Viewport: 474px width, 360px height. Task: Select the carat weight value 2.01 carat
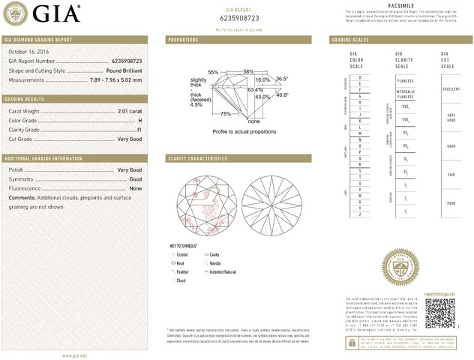(x=130, y=110)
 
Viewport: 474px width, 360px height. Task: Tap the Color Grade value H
(x=140, y=120)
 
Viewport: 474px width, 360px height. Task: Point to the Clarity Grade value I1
(x=139, y=130)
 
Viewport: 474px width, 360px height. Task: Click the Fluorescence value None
(x=136, y=188)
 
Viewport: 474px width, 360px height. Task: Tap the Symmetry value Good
(x=136, y=179)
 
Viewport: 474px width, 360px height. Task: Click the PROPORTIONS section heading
(x=183, y=39)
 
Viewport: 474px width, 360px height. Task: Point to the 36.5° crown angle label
(x=282, y=78)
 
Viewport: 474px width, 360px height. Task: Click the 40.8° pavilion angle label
(x=282, y=95)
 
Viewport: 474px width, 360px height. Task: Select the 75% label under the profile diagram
(x=226, y=113)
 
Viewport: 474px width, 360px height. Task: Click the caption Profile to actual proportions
(x=244, y=131)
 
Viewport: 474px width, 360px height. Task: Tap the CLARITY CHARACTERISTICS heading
(x=198, y=159)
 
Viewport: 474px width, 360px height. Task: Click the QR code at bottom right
(x=439, y=312)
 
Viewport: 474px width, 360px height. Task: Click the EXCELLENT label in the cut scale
(x=451, y=88)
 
